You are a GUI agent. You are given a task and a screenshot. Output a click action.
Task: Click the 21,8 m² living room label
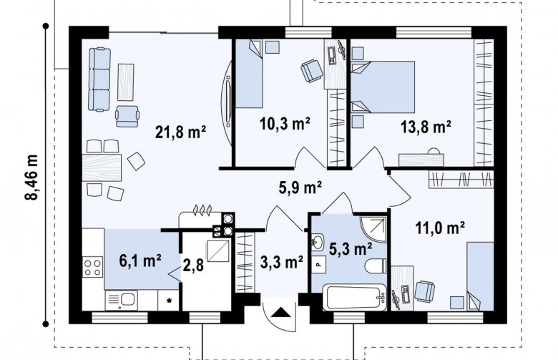[181, 132]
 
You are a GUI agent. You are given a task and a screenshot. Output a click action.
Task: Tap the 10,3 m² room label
[285, 125]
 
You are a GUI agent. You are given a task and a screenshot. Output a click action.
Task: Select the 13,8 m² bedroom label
[426, 127]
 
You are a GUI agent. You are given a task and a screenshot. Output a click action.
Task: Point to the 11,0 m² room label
[440, 228]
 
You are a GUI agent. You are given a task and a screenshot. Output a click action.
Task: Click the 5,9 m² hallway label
[301, 188]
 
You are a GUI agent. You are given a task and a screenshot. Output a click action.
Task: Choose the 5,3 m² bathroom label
[351, 249]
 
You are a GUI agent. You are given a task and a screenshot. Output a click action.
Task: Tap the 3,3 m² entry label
[282, 263]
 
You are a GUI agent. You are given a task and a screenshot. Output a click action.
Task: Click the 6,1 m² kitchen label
[140, 261]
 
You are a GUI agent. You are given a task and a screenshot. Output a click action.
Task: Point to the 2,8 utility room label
[193, 265]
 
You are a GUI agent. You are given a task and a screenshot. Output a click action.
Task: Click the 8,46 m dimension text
[34, 177]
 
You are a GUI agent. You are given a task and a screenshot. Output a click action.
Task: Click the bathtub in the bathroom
[354, 296]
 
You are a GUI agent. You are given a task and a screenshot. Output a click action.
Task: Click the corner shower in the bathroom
[373, 228]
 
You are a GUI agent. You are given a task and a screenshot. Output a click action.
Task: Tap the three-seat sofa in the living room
[99, 79]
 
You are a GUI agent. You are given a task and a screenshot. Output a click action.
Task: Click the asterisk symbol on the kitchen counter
[170, 301]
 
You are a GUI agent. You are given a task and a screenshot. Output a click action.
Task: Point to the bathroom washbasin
[318, 241]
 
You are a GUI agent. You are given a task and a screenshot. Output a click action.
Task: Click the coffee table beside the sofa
[126, 82]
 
